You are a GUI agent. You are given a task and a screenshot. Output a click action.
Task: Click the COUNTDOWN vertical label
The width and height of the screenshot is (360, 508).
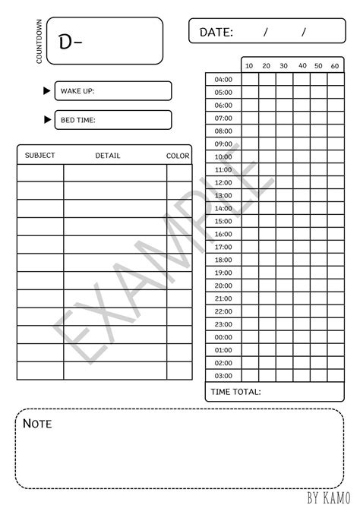point(38,40)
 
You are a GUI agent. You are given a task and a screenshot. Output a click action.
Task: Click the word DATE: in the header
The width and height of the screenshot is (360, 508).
point(216,32)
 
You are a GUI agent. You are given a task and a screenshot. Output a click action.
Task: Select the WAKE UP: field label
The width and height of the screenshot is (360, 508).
point(77,91)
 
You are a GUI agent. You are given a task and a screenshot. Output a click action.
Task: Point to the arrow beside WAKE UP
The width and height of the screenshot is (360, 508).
point(47,91)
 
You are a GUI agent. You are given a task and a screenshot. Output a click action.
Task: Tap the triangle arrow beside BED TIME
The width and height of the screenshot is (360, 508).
point(47,120)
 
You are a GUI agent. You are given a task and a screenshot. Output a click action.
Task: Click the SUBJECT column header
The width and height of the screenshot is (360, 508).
point(39,156)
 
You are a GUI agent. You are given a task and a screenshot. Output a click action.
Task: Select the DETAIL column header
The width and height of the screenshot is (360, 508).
point(108,156)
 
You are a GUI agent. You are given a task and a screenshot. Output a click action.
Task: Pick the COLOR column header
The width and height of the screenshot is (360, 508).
point(178,156)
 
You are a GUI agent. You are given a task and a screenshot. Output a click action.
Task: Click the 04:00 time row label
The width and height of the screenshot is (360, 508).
point(223,79)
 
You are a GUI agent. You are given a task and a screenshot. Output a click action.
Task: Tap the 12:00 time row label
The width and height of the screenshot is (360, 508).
point(223,182)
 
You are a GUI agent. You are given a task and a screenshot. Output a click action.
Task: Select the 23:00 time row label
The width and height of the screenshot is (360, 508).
point(223,324)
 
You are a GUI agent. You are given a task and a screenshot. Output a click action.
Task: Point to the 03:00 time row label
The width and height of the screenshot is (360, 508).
point(223,376)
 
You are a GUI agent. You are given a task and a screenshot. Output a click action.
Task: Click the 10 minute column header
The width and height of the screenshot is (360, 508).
point(249,66)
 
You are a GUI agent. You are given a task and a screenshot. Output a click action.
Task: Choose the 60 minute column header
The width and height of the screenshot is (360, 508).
point(335,66)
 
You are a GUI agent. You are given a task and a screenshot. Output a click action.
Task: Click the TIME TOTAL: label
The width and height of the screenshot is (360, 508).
point(235,392)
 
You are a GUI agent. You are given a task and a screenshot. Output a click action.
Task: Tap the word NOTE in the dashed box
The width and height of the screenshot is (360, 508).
point(37,424)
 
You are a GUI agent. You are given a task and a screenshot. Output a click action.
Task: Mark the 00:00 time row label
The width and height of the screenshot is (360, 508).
point(223,337)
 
